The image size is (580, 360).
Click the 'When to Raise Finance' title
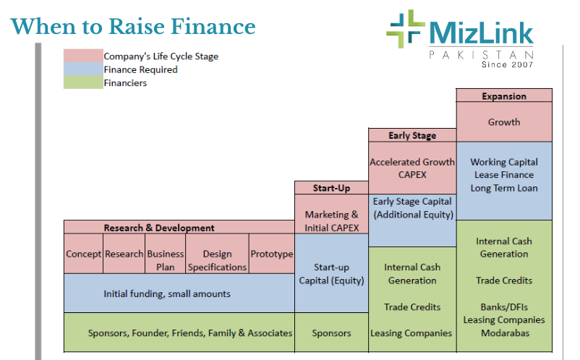(x=133, y=27)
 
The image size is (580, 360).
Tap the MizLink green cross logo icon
(x=405, y=29)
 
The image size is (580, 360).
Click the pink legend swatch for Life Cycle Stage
(x=82, y=56)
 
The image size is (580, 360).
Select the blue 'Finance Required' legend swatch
(x=82, y=69)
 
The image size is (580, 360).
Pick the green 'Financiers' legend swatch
(x=82, y=82)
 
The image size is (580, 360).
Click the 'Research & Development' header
(x=159, y=228)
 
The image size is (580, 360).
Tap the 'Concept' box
(x=84, y=254)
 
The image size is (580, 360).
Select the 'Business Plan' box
(x=166, y=260)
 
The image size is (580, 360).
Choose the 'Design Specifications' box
(x=217, y=260)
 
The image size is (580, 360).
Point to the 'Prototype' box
(x=271, y=254)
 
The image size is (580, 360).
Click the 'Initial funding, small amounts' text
(x=167, y=293)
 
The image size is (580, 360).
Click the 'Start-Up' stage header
(x=331, y=188)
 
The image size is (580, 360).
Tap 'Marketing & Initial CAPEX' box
(x=331, y=221)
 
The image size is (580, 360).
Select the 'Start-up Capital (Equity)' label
(x=331, y=274)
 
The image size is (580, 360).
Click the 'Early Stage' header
(x=412, y=135)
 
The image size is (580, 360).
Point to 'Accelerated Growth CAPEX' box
(x=412, y=168)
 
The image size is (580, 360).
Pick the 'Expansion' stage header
(x=504, y=96)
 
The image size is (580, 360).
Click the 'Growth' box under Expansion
(x=504, y=122)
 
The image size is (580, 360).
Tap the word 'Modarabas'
(x=504, y=333)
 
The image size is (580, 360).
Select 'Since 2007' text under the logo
(x=507, y=64)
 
